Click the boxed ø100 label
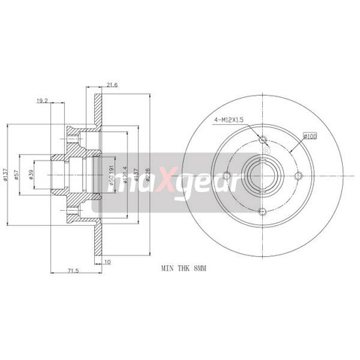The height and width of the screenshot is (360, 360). point(310,136)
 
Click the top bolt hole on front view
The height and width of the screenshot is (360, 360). point(262,141)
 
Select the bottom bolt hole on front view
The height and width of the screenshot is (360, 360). point(262,212)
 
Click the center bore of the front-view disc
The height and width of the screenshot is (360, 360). point(262,176)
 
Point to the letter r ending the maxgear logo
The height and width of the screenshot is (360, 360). point(236,182)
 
